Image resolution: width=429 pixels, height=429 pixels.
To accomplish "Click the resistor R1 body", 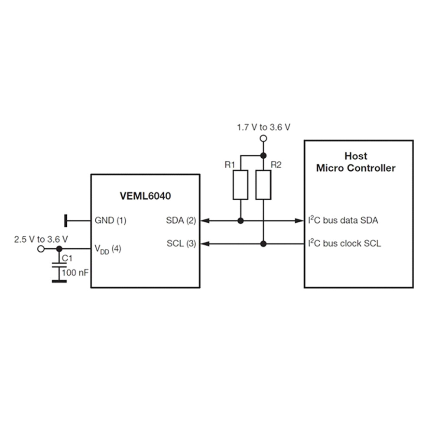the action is (240, 185).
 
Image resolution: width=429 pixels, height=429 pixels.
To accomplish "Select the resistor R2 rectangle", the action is (263, 185).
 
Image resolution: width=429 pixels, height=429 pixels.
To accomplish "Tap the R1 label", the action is (230, 165).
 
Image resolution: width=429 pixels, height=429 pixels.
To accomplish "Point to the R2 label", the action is (276, 165).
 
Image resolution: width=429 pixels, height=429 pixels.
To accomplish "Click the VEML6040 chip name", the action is (145, 196).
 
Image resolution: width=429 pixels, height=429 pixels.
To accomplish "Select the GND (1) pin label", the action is (110, 221).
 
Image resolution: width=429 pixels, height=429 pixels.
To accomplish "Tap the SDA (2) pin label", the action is (181, 221).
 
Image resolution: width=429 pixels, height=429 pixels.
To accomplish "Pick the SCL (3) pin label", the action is (182, 244).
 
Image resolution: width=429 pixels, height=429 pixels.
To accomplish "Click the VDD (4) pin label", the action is (108, 249).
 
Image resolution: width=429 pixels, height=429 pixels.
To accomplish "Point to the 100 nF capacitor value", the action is (75, 273).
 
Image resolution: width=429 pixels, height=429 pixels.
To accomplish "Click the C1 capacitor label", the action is (67, 258).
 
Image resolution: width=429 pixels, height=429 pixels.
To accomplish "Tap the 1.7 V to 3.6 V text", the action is (263, 127).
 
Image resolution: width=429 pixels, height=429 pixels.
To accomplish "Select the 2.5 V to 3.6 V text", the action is (41, 239).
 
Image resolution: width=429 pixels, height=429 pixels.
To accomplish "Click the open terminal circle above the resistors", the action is (263, 138).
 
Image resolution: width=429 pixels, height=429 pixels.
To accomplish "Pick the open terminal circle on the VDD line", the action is (41, 249).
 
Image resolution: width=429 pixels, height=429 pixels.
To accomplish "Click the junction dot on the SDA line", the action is (240, 221).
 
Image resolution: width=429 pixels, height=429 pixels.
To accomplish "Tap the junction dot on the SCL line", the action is (263, 244).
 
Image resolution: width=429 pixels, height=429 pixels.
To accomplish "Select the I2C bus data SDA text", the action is (343, 220).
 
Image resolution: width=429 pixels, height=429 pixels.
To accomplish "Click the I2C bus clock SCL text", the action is (344, 243).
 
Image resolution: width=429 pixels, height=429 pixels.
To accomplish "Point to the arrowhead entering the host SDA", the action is (299, 221).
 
